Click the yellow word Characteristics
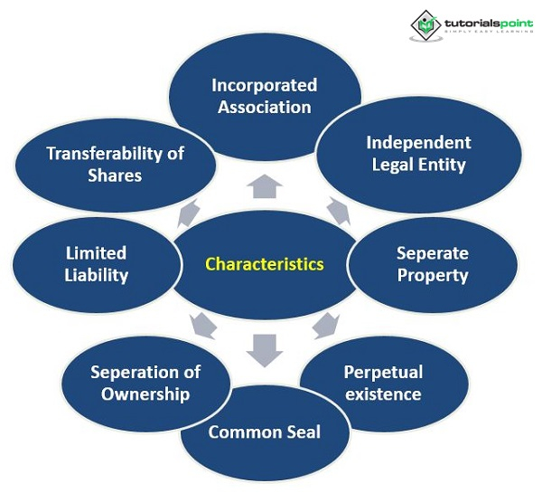tap(264, 264)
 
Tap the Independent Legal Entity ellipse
tap(417, 153)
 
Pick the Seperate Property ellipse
tap(433, 263)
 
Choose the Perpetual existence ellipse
tap(383, 383)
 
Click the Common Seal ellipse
tap(264, 432)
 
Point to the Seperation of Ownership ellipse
tap(145, 382)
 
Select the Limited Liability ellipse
tap(96, 263)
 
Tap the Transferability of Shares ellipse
tap(115, 163)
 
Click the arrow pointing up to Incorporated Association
tap(265, 185)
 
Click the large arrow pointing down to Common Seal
tap(265, 348)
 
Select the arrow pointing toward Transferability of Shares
tap(189, 213)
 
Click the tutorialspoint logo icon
tap(425, 24)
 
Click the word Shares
tap(115, 175)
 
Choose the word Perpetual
tap(383, 372)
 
